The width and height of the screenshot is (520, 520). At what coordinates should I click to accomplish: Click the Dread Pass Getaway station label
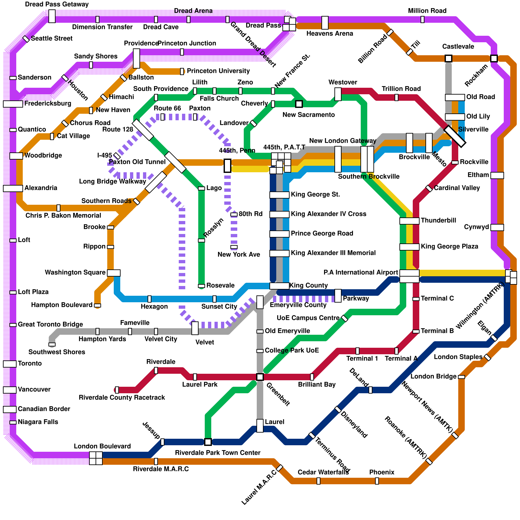(x=57, y=5)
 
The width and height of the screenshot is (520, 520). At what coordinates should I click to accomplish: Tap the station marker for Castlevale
(x=448, y=58)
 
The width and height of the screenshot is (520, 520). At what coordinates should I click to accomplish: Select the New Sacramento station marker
(x=299, y=104)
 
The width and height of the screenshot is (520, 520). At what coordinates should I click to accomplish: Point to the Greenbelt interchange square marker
(x=260, y=377)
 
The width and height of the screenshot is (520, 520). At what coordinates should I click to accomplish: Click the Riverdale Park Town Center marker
(x=208, y=442)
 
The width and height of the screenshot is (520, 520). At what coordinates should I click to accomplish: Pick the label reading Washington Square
(x=75, y=272)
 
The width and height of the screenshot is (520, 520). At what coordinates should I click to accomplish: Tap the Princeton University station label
(x=218, y=71)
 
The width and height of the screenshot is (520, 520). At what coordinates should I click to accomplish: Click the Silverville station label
(x=473, y=129)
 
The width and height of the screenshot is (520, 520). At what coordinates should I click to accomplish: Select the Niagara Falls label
(x=38, y=422)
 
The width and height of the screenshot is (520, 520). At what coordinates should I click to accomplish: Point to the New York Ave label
(x=239, y=254)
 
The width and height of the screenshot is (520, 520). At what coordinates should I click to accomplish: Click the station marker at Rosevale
(x=201, y=286)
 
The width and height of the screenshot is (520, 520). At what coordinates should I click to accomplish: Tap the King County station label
(x=308, y=285)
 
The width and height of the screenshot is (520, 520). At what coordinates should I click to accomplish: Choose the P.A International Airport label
(x=361, y=272)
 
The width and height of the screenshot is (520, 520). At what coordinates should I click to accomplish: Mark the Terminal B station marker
(x=416, y=331)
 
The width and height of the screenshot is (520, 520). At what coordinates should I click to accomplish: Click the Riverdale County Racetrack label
(x=122, y=397)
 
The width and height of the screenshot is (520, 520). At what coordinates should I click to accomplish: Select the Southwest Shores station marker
(x=52, y=344)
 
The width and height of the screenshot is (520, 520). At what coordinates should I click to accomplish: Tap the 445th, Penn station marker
(x=227, y=166)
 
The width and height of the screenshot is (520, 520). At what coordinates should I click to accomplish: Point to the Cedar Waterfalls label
(x=323, y=472)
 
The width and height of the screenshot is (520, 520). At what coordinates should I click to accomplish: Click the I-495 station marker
(x=117, y=156)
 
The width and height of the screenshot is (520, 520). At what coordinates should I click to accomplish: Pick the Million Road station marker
(x=422, y=19)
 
